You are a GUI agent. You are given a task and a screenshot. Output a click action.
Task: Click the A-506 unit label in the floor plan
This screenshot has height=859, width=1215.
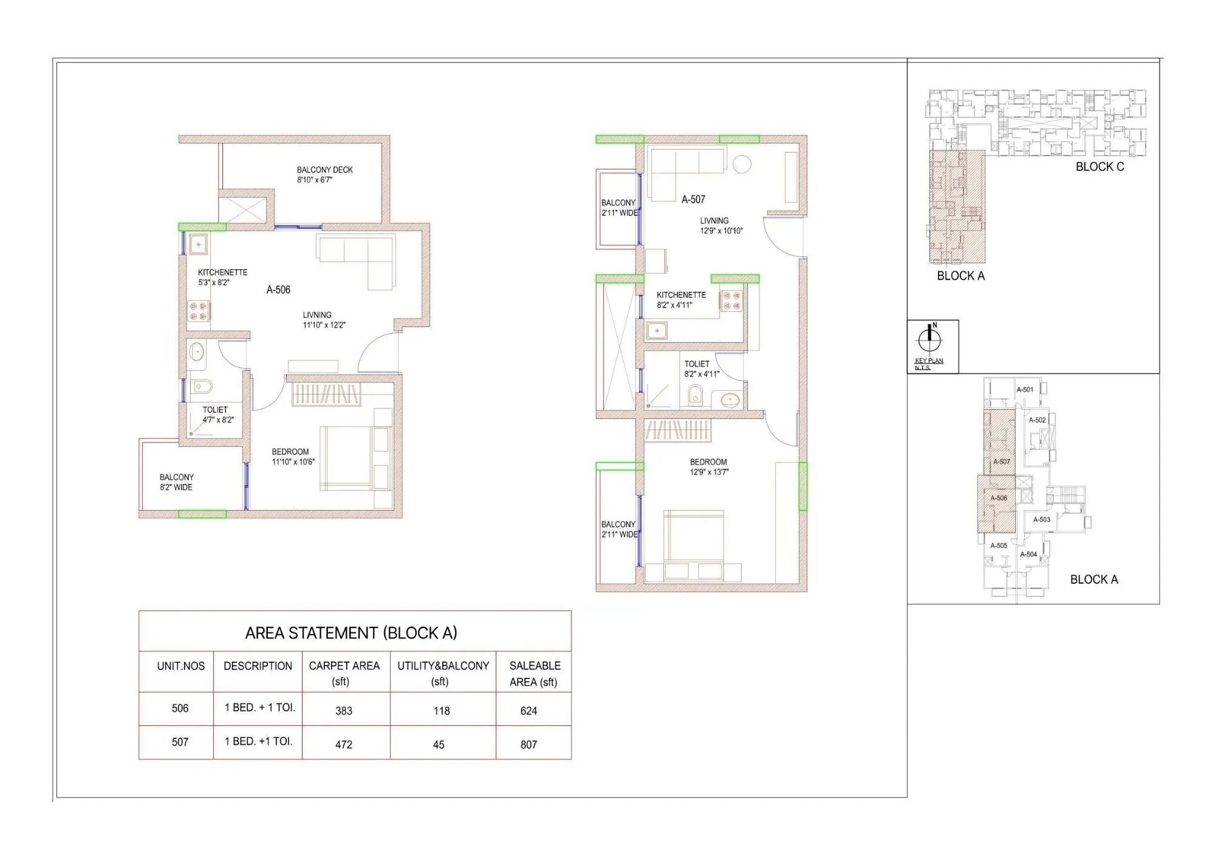(278, 290)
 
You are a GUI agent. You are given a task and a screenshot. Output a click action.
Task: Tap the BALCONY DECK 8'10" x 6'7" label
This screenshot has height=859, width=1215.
(324, 174)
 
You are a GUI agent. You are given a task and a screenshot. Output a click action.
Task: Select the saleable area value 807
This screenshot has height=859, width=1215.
(529, 744)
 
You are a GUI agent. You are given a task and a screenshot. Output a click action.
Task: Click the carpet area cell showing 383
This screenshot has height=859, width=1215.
(344, 710)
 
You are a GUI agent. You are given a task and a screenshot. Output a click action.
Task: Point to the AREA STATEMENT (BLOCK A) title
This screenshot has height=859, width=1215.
(351, 633)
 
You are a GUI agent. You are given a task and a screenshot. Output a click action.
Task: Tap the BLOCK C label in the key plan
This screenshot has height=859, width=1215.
(1100, 167)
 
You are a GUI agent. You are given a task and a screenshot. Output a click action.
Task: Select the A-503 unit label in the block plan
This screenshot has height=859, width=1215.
(1041, 520)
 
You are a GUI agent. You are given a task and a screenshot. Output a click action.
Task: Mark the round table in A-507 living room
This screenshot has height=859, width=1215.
(742, 164)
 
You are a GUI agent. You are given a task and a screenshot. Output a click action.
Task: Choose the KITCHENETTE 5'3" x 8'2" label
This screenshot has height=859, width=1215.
(222, 277)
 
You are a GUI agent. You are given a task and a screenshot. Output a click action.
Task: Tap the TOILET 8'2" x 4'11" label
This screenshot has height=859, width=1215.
(701, 369)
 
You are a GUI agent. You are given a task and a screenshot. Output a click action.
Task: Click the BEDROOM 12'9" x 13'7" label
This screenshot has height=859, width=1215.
(708, 467)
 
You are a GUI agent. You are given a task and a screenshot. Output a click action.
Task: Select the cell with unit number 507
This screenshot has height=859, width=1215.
(180, 742)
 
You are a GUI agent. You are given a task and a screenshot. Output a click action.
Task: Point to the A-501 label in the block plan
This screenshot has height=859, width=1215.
(1025, 390)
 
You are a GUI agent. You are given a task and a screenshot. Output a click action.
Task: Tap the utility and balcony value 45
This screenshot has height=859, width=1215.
(439, 744)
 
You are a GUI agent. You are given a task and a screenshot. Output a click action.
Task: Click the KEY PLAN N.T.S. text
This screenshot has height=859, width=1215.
(928, 364)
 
